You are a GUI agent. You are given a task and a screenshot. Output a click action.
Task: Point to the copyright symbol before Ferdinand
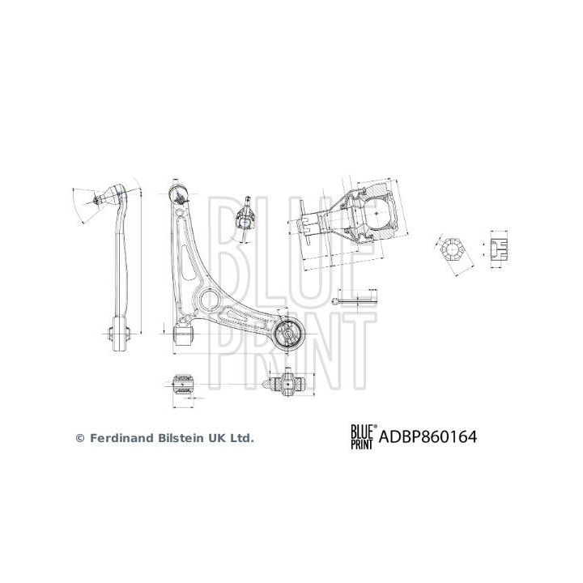(79, 438)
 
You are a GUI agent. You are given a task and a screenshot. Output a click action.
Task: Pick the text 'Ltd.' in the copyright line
(241, 438)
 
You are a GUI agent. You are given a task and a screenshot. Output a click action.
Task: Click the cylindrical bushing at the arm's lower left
(185, 333)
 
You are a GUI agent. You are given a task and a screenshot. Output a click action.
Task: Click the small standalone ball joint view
(246, 215)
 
